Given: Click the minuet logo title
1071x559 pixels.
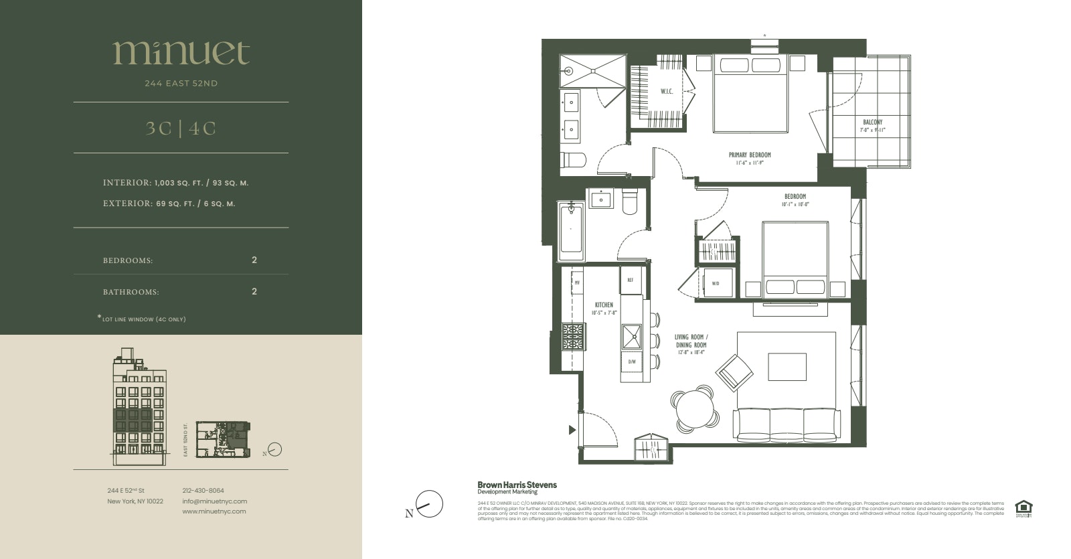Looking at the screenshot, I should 181,52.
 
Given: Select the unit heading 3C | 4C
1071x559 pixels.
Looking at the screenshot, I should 181,129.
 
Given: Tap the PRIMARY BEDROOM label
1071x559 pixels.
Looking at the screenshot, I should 750,158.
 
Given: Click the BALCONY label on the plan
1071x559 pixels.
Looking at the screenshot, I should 872,126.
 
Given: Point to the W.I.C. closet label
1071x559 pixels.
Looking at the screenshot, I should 667,92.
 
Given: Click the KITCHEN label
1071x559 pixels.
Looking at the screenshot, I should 603,308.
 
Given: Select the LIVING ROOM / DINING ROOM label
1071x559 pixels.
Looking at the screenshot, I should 690,341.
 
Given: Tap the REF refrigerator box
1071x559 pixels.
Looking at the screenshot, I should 631,281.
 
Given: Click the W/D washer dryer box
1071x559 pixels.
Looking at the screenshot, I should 716,283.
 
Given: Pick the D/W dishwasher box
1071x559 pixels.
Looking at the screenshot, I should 631,362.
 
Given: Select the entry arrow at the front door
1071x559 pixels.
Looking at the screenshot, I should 572,430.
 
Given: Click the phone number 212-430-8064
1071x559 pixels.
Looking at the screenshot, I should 203,490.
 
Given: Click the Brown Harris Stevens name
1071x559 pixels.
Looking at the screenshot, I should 516,485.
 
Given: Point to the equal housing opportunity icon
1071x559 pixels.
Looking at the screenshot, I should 1022,509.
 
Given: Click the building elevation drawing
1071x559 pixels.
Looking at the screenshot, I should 139,406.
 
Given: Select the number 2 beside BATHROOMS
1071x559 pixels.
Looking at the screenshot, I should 254,292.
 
